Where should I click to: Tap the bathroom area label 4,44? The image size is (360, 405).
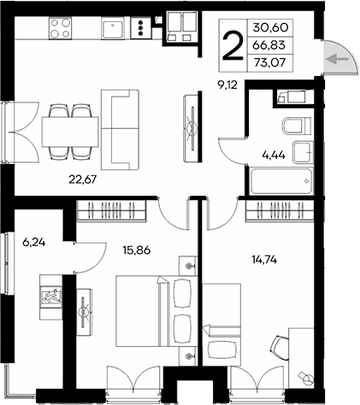[x=274, y=156]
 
